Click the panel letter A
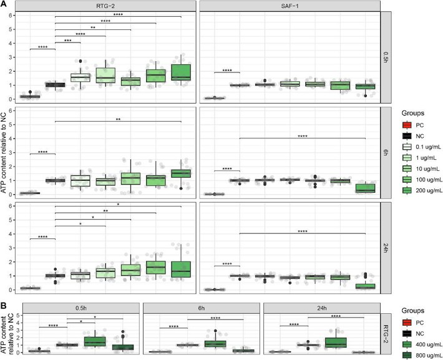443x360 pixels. (x=4, y=4)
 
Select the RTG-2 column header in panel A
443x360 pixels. (x=105, y=6)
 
